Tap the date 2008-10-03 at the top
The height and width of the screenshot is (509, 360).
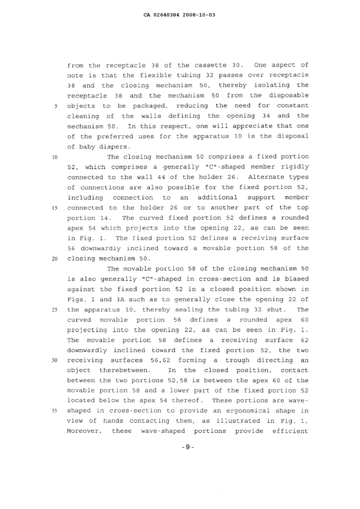tap(200, 12)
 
